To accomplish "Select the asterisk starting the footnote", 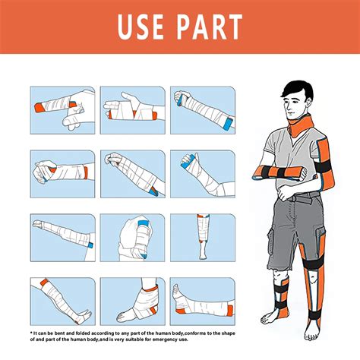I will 32,333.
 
